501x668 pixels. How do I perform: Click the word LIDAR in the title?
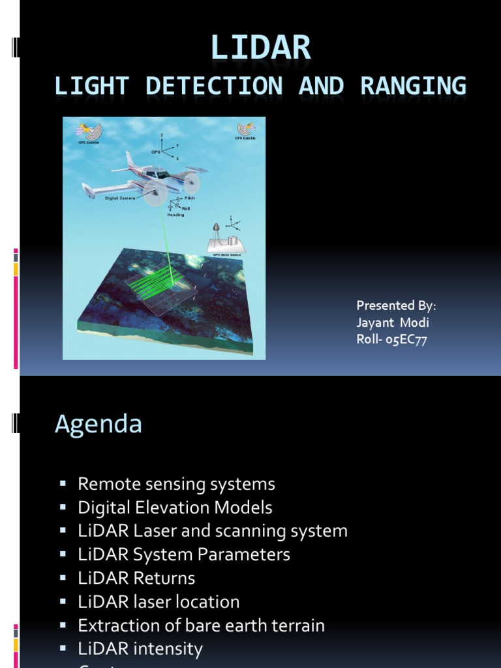(x=260, y=49)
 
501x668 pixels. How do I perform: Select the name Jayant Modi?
(x=393, y=322)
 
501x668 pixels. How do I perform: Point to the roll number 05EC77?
(x=406, y=339)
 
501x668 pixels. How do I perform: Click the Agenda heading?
(x=99, y=424)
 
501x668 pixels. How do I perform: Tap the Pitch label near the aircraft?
(x=189, y=197)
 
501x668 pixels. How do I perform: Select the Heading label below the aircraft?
(x=176, y=215)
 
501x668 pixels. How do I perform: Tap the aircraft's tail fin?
(x=131, y=160)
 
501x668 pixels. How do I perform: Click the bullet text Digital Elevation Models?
(x=175, y=508)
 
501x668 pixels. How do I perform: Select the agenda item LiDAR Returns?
(x=136, y=578)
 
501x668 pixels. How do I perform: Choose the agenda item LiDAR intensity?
(x=140, y=648)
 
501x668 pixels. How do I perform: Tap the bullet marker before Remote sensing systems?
(x=63, y=484)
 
